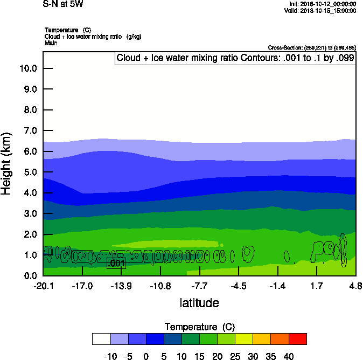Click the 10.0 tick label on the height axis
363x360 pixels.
(x=27, y=68)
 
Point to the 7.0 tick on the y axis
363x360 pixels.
(x=27, y=131)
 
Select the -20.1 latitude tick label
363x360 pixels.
(x=43, y=286)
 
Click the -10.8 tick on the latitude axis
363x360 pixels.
(x=160, y=286)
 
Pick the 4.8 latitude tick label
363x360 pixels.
(x=355, y=286)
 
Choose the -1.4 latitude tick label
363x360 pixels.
(x=277, y=286)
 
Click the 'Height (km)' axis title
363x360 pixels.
(x=7, y=164)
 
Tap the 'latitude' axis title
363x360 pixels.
(x=199, y=303)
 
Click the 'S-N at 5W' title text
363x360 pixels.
(x=63, y=4)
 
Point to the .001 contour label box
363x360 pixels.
(x=116, y=263)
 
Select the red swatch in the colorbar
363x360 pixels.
(x=297, y=339)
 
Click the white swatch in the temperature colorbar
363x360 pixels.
(x=101, y=339)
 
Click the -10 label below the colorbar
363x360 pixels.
(x=110, y=356)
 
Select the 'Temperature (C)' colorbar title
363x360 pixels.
(x=199, y=327)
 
